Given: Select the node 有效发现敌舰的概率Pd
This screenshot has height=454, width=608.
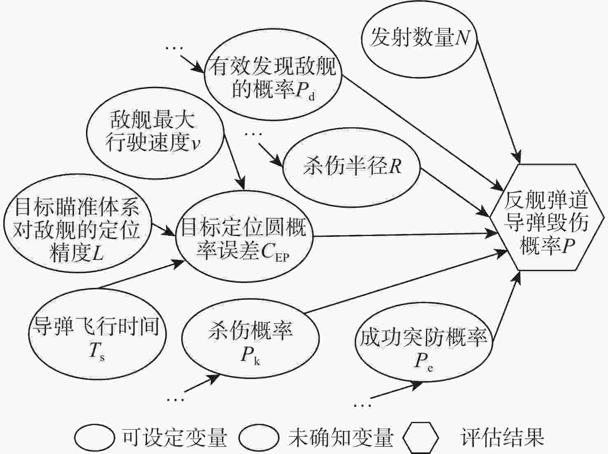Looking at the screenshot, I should tap(272, 78).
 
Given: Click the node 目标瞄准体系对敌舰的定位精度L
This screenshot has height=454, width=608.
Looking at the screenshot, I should tap(77, 230).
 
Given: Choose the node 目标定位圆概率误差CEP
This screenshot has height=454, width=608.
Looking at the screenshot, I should tap(243, 237).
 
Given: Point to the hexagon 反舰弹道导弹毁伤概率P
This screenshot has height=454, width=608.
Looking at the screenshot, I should tap(547, 217).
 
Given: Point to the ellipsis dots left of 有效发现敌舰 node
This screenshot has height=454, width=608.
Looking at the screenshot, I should tap(174, 49).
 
